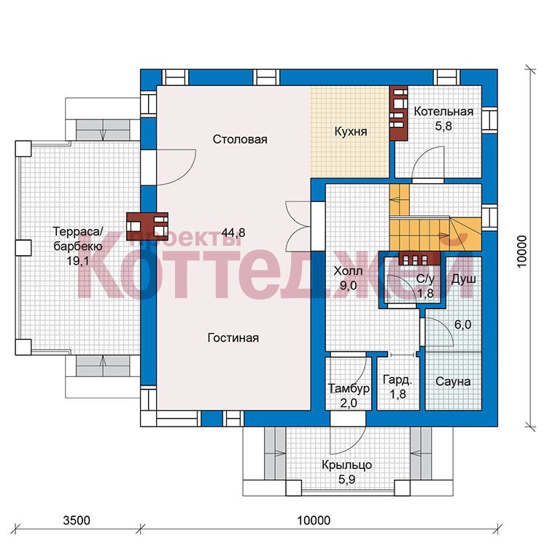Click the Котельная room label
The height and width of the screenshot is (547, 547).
click(x=443, y=112)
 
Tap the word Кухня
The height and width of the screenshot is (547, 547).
click(x=351, y=131)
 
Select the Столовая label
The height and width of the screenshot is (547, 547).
click(x=240, y=139)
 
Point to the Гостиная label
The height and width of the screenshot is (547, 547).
click(x=233, y=338)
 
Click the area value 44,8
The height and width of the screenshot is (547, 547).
click(x=233, y=233)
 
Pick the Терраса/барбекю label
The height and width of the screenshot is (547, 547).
click(x=78, y=238)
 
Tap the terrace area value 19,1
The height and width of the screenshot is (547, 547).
click(x=78, y=260)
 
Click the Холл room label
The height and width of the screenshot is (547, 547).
click(x=348, y=271)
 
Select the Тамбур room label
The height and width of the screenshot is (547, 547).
click(x=349, y=388)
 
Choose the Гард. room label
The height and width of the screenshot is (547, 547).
click(x=397, y=379)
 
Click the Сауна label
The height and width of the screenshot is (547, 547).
click(x=453, y=381)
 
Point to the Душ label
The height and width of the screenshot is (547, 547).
click(x=464, y=279)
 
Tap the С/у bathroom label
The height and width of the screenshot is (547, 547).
click(x=426, y=279)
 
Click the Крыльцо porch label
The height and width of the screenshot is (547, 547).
click(x=346, y=465)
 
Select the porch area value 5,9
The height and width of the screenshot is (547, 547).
click(x=346, y=479)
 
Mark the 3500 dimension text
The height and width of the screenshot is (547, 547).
click(x=77, y=521)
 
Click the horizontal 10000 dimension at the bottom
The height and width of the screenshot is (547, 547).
click(x=314, y=521)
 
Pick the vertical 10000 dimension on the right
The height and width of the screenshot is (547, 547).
click(x=521, y=252)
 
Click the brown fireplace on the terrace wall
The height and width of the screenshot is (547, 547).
click(x=147, y=227)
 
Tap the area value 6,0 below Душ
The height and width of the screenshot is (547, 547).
click(x=462, y=325)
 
